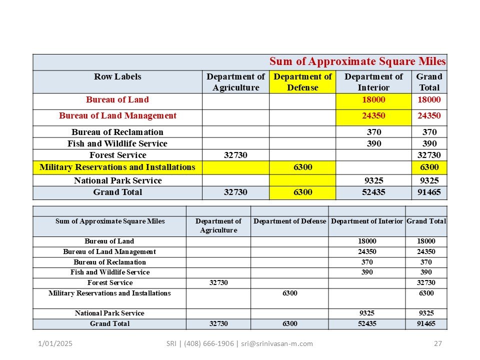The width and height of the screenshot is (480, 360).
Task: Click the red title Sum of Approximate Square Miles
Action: tap(357, 61)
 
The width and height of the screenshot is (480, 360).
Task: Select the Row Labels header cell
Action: tap(117, 77)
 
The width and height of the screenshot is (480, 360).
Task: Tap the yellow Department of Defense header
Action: tap(302, 82)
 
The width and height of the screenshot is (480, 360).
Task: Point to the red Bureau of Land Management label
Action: tap(117, 116)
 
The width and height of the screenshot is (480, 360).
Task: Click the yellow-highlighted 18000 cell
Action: tap(373, 100)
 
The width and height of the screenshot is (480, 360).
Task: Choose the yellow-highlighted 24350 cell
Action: tap(373, 116)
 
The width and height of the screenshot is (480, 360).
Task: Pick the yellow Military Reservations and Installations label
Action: tap(117, 167)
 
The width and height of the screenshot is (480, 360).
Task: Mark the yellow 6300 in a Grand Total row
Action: tap(302, 192)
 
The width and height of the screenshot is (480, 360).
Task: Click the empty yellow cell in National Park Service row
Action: tap(302, 180)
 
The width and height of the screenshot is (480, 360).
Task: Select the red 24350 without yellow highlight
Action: tap(429, 116)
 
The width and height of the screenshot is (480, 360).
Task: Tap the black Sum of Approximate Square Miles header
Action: tap(110, 221)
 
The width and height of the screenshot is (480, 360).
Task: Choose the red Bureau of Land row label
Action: tap(117, 100)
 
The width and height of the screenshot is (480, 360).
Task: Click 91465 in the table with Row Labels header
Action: tap(429, 192)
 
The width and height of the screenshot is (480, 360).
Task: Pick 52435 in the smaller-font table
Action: tap(366, 324)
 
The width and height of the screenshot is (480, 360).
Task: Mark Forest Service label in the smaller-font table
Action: tap(110, 283)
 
